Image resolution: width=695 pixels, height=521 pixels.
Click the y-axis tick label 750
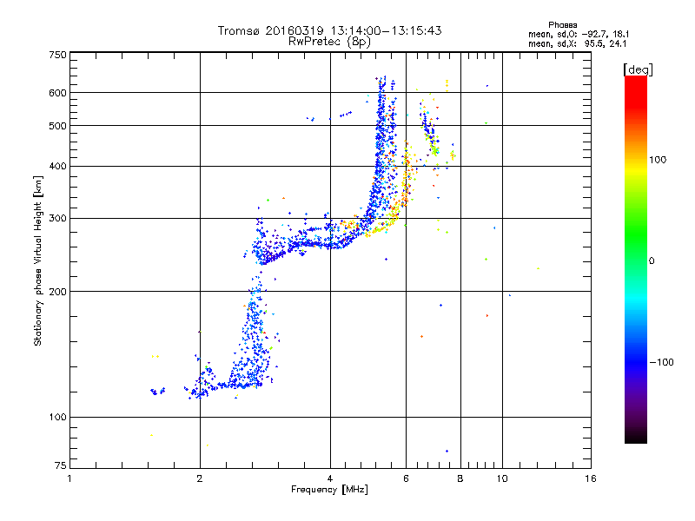[57, 54]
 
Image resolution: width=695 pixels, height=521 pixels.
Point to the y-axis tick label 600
[57, 93]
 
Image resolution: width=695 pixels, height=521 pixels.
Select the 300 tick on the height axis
[57, 219]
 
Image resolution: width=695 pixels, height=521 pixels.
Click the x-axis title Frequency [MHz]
[329, 491]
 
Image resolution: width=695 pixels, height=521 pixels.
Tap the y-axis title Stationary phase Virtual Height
[38, 260]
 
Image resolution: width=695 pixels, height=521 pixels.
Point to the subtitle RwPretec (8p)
[329, 41]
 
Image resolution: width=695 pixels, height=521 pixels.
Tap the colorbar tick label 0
[652, 260]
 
